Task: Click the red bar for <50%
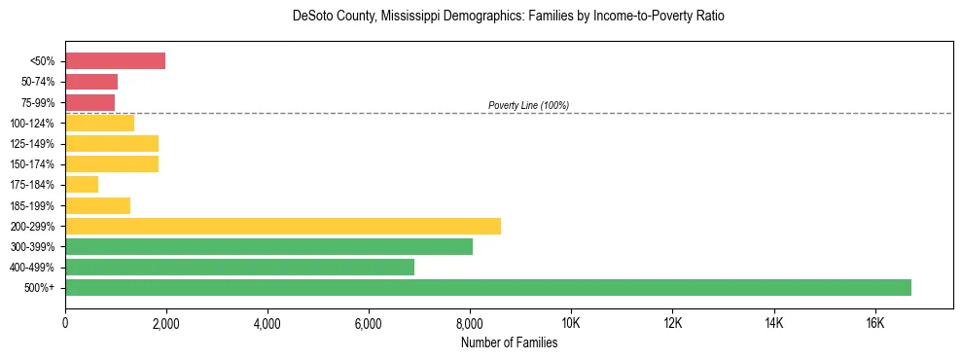115,61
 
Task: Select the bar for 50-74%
91,82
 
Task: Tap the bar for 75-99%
89,102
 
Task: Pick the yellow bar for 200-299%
283,226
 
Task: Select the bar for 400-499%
239,267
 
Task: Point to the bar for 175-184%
82,184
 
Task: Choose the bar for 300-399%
268,246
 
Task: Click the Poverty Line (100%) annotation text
528,105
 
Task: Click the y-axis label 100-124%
33,124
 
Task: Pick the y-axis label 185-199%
33,205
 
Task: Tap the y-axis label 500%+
39,288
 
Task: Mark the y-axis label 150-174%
33,164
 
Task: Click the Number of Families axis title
509,342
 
